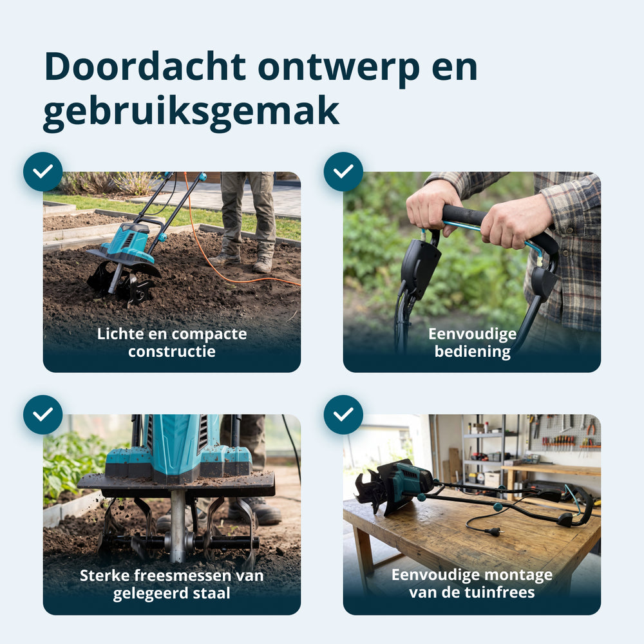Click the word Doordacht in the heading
pyautogui.click(x=145, y=66)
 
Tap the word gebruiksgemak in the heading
pyautogui.click(x=191, y=111)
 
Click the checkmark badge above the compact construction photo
pyautogui.click(x=43, y=172)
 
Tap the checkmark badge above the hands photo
pyautogui.click(x=343, y=172)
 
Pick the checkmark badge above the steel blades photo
pyautogui.click(x=43, y=415)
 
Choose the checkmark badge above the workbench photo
pyautogui.click(x=343, y=415)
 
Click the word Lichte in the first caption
pyautogui.click(x=120, y=334)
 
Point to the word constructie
pyautogui.click(x=172, y=352)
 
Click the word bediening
pyautogui.click(x=472, y=352)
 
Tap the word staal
pyautogui.click(x=212, y=593)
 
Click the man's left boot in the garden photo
pyautogui.click(x=263, y=265)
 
